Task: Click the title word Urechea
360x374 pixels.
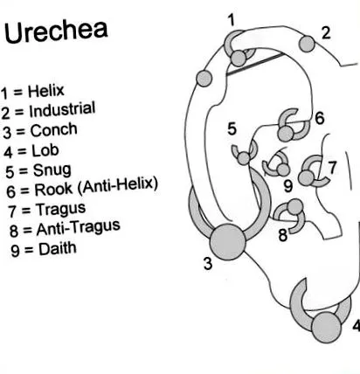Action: [x=56, y=31]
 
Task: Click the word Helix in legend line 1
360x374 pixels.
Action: [x=46, y=91]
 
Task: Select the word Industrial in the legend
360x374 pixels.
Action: [x=62, y=109]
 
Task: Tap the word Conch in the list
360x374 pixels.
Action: [x=54, y=130]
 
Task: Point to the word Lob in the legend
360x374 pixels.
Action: [x=45, y=150]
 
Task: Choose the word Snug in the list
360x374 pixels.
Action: [x=52, y=170]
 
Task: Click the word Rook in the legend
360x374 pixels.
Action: [x=53, y=190]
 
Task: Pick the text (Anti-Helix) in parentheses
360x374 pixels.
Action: [x=118, y=185]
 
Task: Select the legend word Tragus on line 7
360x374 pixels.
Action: [x=60, y=210]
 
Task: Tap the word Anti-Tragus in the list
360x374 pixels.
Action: [x=79, y=228]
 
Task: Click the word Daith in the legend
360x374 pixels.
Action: [x=58, y=249]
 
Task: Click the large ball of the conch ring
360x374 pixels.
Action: [x=227, y=242]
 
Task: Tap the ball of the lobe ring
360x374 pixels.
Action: [x=326, y=327]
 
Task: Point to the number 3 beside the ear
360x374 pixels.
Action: [x=208, y=264]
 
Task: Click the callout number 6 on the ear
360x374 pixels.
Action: [x=320, y=118]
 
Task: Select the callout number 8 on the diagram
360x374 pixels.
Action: [x=283, y=235]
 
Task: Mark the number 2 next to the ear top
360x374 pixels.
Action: [x=326, y=33]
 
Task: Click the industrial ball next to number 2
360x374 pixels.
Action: [x=307, y=45]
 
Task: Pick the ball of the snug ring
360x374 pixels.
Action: [x=244, y=159]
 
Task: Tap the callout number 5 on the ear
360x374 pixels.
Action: [x=232, y=128]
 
